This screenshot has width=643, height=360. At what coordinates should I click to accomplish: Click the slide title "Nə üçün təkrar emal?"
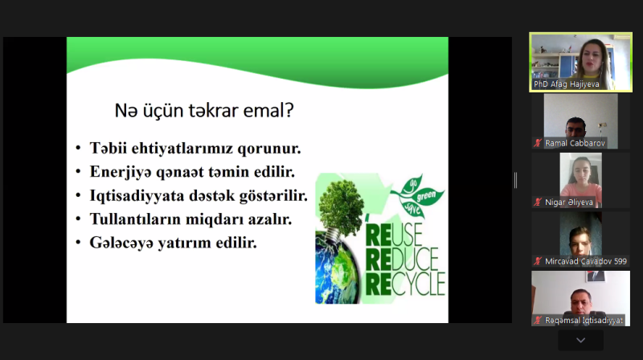tap(204, 110)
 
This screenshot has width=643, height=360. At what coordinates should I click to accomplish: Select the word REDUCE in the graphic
tap(402, 259)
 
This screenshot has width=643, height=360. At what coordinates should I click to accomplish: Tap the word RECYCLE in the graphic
tap(405, 284)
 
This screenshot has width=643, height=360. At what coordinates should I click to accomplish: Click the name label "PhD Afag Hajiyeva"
tap(566, 84)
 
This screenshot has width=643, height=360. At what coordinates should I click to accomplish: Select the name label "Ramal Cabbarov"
tap(575, 143)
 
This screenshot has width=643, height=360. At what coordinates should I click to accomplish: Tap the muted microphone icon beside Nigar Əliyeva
tap(538, 202)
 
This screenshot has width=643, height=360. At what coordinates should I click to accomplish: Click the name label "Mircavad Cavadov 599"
tap(586, 261)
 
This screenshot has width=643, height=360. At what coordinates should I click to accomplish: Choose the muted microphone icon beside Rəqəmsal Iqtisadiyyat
tap(538, 321)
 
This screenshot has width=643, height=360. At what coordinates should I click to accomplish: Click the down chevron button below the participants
tap(580, 341)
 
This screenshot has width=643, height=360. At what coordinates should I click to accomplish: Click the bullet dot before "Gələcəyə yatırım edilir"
tap(78, 243)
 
